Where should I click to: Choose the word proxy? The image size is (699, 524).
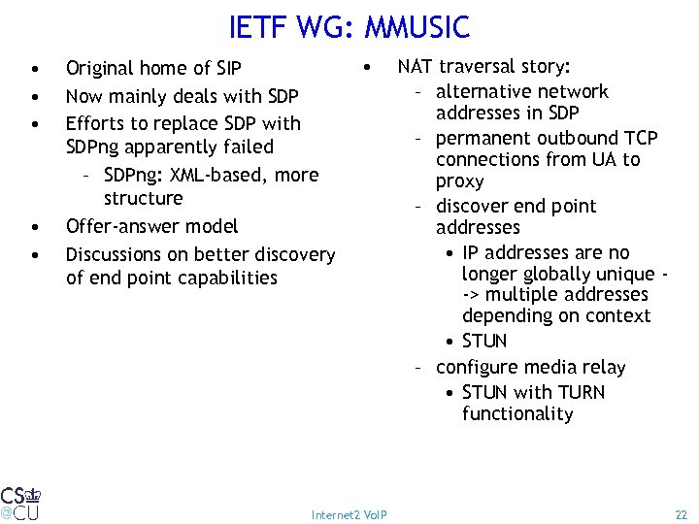pos(460,181)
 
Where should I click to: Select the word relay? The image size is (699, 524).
pos(603,368)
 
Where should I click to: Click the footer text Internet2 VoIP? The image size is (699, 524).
pos(349,514)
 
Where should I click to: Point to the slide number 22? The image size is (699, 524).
pos(680,513)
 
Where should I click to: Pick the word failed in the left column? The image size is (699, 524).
pos(249,147)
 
